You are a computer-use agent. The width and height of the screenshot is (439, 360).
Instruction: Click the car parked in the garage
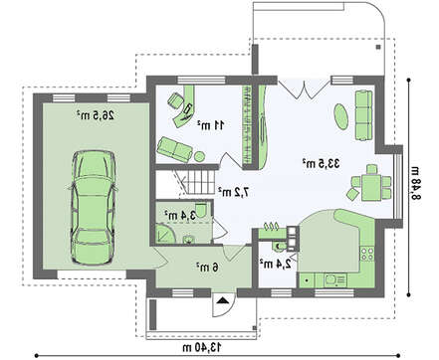click(93, 208)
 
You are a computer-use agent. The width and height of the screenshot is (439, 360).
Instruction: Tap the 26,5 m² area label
click(96, 115)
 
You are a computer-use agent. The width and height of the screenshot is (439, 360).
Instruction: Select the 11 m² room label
click(211, 125)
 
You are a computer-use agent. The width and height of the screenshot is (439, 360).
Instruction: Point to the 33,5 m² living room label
click(322, 163)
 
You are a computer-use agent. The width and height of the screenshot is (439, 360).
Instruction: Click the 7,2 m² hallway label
click(234, 192)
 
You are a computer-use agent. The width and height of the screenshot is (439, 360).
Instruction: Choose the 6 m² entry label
click(207, 267)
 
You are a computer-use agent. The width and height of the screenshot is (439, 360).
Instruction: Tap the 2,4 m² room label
click(275, 264)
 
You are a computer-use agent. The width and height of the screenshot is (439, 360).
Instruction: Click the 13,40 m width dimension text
click(202, 347)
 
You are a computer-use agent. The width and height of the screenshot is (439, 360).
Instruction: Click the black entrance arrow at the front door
click(223, 300)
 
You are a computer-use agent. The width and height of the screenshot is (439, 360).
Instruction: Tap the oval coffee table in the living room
click(341, 116)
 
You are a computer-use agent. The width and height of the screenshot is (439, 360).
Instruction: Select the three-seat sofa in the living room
click(364, 115)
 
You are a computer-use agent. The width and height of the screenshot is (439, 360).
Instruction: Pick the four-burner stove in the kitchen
click(367, 254)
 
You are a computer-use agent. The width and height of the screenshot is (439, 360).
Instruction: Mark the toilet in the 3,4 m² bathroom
click(201, 210)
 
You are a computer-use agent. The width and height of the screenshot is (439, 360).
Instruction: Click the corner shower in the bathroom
click(165, 235)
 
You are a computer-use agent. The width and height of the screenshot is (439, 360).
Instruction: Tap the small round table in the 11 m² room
click(199, 156)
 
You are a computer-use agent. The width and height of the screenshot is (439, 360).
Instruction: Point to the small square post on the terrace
click(378, 47)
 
